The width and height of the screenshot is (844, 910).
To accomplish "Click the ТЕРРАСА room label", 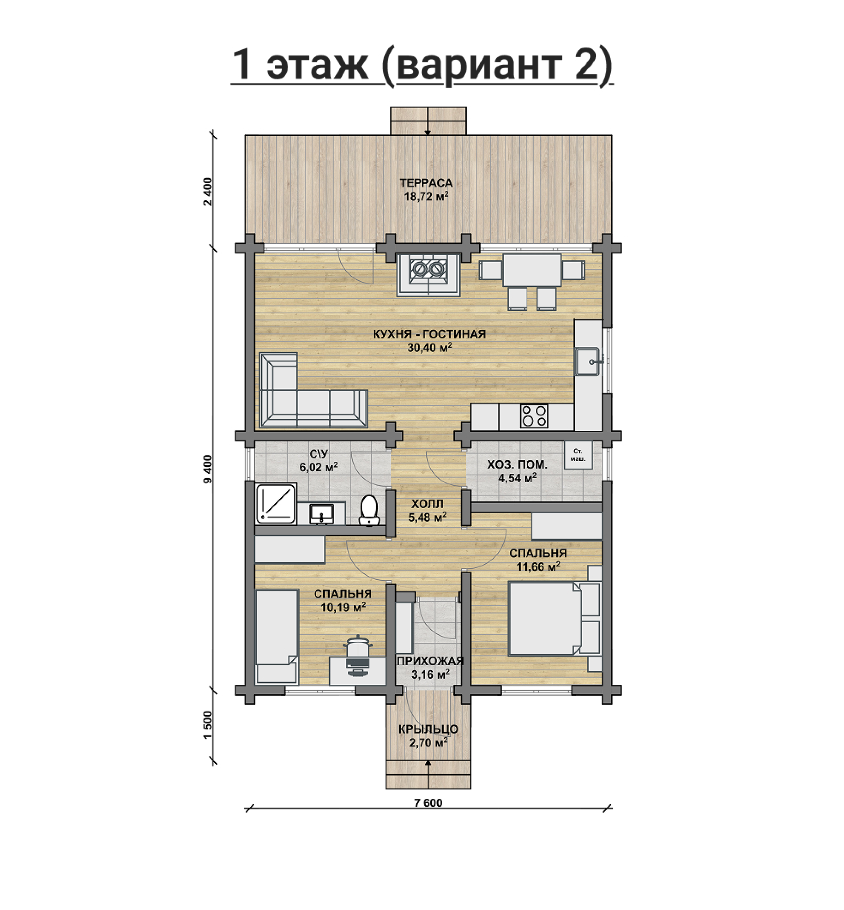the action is click(426, 183).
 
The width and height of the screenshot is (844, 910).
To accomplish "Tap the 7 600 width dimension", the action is click(428, 803).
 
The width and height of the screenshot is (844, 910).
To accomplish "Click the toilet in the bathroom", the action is click(369, 510).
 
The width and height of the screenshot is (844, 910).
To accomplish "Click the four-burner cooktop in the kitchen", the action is click(534, 416).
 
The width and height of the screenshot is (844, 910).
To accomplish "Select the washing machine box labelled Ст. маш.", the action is click(578, 455).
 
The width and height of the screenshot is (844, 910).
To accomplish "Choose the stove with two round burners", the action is click(428, 275).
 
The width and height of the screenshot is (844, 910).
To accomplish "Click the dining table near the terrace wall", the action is click(532, 270).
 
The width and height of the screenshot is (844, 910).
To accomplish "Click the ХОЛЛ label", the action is click(427, 504).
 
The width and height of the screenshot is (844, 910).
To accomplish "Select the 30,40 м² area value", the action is click(429, 347).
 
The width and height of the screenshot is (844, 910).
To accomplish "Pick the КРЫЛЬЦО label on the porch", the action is click(428, 729).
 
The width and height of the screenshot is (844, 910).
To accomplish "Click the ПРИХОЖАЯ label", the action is click(430, 661).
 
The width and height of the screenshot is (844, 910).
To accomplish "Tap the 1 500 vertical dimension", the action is click(208, 725).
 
